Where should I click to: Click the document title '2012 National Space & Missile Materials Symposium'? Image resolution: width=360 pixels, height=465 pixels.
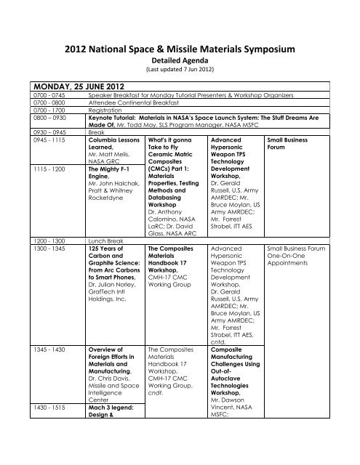pos(180,50)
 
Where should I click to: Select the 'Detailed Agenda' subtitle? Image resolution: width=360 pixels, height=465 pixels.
pos(180,62)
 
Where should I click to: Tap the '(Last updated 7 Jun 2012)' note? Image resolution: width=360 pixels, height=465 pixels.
pos(180,72)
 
